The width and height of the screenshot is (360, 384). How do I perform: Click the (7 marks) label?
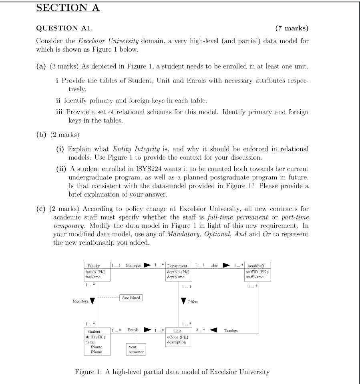pos(292,28)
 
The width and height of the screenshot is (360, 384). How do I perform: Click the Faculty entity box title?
pos(93,266)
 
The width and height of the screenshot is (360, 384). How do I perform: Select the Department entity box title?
pos(177,266)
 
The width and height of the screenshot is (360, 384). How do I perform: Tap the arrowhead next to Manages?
pos(147,265)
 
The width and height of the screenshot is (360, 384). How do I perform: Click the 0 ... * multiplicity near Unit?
pos(201,330)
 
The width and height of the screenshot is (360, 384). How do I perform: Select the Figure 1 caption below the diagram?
pos(172,372)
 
